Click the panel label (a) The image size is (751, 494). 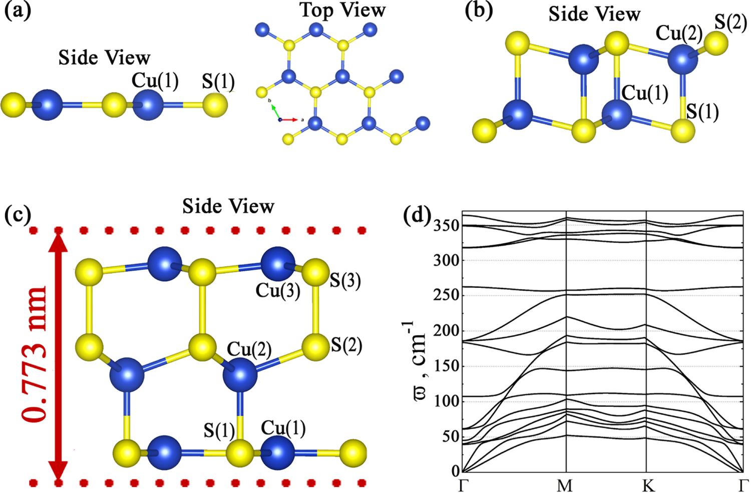[x=18, y=11]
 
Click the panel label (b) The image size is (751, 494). [x=479, y=11]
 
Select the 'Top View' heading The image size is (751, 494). [x=343, y=10]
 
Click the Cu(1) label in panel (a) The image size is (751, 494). [x=155, y=81]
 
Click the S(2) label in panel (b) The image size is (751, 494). [x=730, y=22]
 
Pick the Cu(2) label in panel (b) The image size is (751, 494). [x=679, y=33]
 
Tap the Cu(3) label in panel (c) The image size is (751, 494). [x=278, y=291]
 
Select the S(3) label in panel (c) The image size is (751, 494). [x=345, y=280]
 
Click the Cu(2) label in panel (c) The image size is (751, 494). [x=249, y=349]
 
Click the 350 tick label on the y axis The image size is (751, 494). [x=446, y=226]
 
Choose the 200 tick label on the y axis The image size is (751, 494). [x=446, y=331]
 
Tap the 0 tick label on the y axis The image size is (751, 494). [x=455, y=470]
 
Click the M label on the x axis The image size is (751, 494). [x=565, y=485]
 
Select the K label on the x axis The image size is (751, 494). [x=648, y=485]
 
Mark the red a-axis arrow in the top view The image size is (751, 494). [x=289, y=120]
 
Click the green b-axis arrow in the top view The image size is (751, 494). [x=275, y=113]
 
